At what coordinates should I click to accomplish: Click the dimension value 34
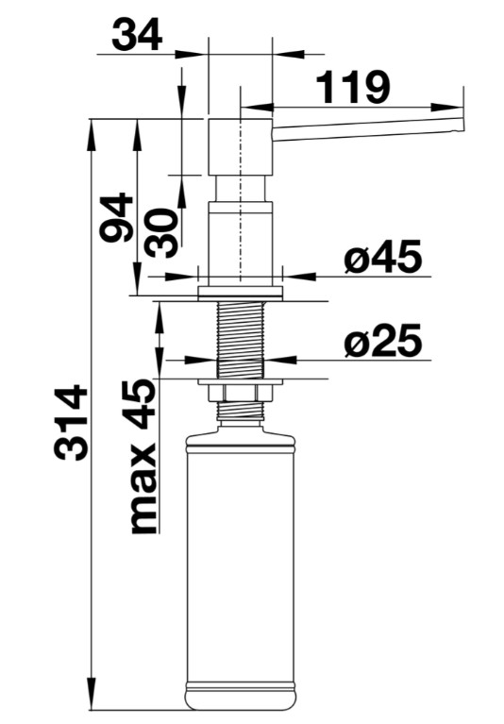(x=137, y=35)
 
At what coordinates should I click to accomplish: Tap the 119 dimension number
(x=354, y=87)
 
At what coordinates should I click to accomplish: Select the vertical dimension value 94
(x=117, y=217)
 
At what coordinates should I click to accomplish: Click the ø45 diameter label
(x=382, y=257)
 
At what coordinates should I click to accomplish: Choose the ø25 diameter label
(x=382, y=341)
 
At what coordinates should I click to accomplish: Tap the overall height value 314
(x=71, y=422)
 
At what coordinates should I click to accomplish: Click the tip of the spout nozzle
(x=462, y=126)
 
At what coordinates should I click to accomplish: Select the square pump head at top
(x=241, y=147)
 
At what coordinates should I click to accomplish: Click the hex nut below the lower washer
(x=240, y=393)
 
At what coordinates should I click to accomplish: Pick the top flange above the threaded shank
(x=240, y=294)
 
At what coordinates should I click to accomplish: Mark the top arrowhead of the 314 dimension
(x=91, y=134)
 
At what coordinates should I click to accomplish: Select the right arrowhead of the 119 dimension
(x=445, y=107)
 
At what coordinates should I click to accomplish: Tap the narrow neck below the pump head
(x=241, y=189)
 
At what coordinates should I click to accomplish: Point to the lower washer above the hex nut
(x=240, y=382)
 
